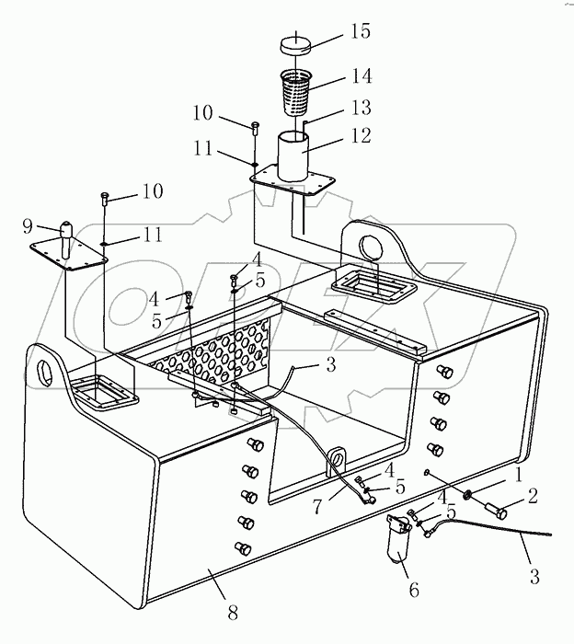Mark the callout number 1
point(518,476)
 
